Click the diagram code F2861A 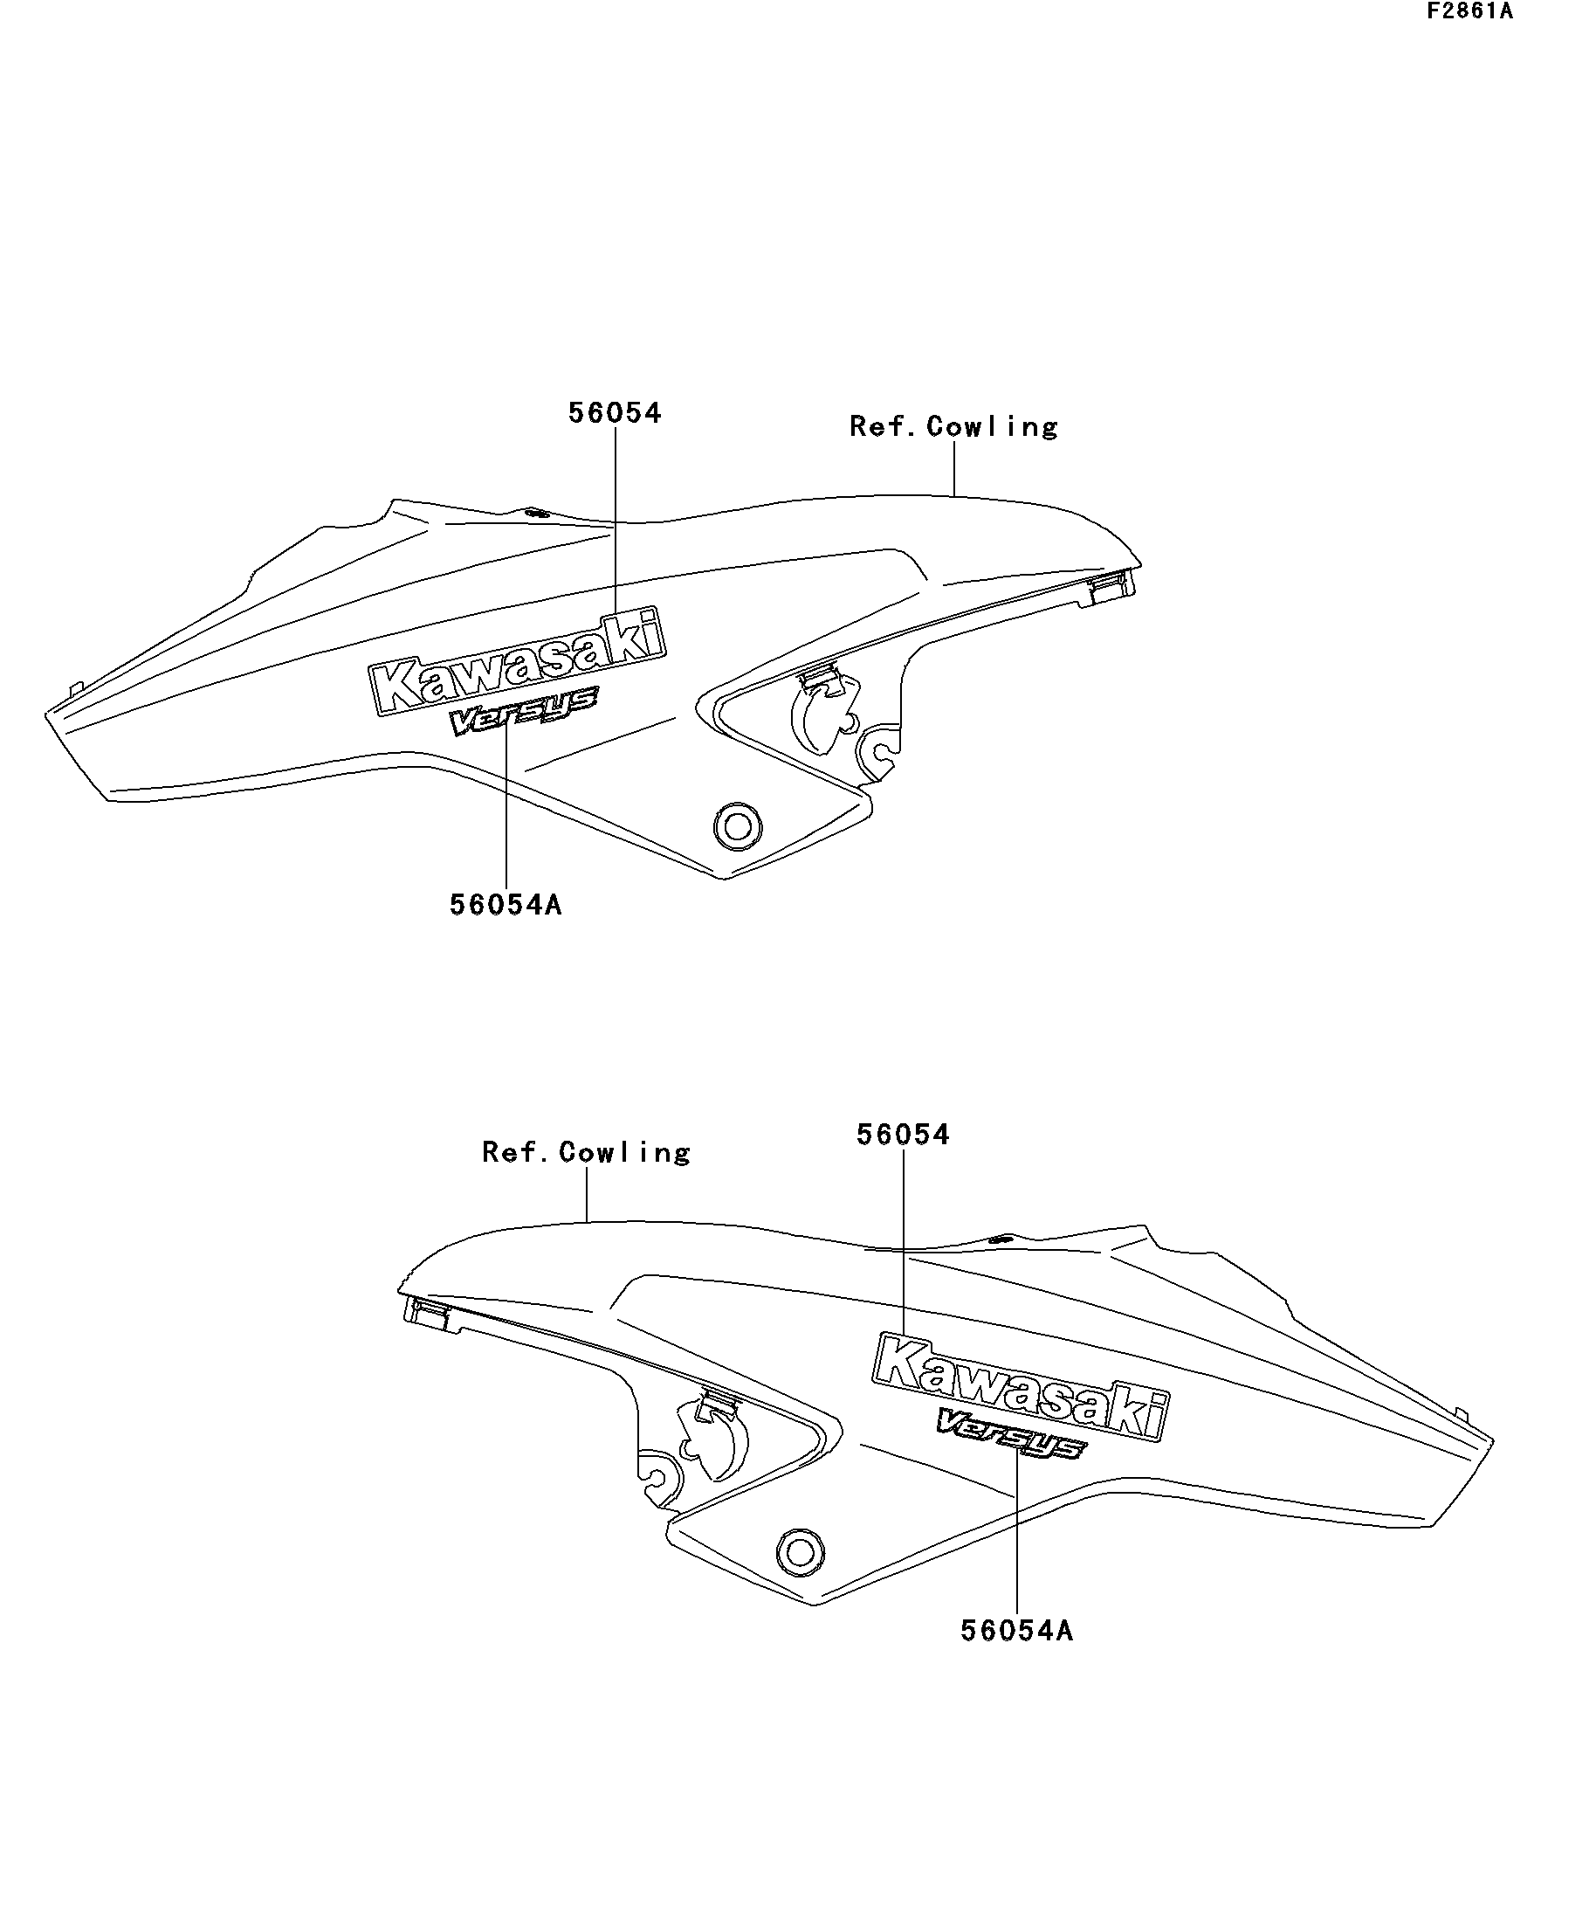1469,12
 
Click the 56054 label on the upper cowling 614,412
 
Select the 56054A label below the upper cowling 506,905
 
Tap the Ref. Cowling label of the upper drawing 953,426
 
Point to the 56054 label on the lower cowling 903,1135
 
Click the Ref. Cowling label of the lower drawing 586,1152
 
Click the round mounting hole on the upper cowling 737,827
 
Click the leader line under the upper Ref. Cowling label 954,469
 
